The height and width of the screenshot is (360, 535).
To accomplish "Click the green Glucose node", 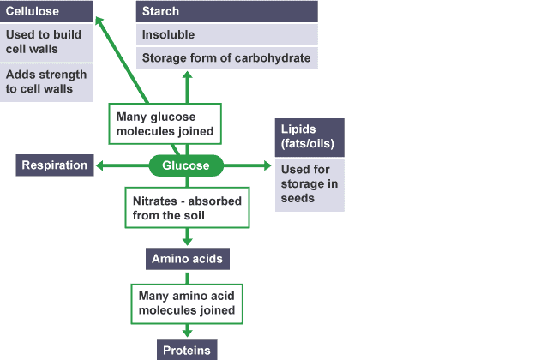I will [186, 165].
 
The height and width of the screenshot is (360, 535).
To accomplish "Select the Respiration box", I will [55, 165].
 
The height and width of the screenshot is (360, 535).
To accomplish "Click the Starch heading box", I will [227, 12].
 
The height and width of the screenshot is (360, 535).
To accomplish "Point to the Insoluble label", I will [227, 35].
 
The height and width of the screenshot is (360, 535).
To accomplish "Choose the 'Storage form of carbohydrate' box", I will [227, 57].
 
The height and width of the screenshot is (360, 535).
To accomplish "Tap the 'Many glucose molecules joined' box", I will [166, 124].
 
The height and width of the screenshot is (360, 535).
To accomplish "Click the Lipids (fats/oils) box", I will [309, 137].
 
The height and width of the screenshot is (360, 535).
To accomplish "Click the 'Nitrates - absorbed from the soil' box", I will [187, 207].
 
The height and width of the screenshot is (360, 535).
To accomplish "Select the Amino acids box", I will [187, 259].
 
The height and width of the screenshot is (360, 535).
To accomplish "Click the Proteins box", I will [187, 350].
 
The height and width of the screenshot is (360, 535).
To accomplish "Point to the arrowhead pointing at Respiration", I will [99, 165].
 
